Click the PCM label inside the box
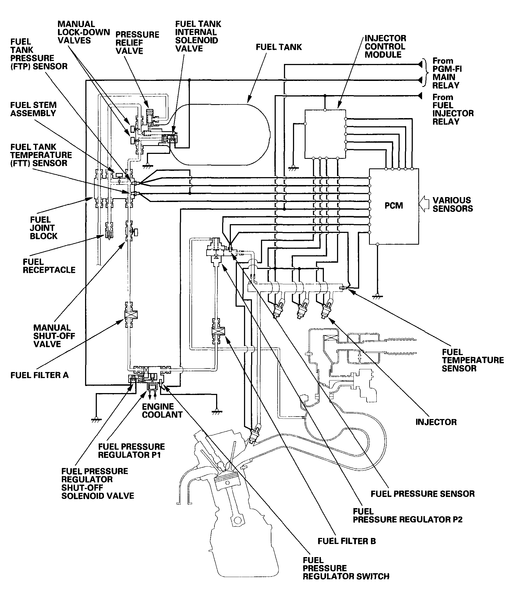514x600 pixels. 393,206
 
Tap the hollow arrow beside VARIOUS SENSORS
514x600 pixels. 424,204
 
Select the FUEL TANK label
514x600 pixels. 279,47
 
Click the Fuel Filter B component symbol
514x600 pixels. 218,331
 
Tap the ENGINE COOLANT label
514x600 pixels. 162,410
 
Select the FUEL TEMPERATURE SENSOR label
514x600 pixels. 473,360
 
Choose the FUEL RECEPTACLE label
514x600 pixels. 49,266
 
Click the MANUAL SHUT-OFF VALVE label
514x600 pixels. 54,336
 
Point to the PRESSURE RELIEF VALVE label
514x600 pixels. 137,43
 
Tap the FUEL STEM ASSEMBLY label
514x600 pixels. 33,109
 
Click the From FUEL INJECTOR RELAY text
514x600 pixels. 453,109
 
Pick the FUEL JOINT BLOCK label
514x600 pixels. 43,228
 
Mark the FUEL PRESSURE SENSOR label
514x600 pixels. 423,494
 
